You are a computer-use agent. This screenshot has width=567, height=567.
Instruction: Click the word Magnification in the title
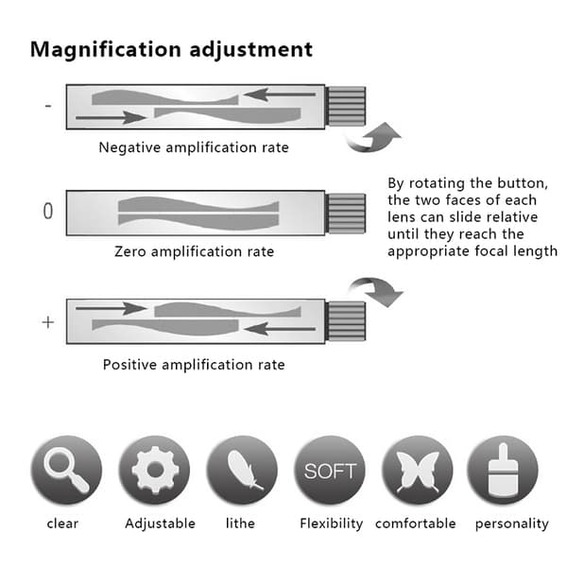click(106, 50)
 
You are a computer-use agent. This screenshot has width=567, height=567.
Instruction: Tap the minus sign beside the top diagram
click(48, 106)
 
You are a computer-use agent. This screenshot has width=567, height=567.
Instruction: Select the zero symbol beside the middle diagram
click(48, 211)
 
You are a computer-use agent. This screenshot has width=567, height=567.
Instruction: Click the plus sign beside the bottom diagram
click(48, 322)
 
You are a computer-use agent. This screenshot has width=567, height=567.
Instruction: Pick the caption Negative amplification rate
click(194, 147)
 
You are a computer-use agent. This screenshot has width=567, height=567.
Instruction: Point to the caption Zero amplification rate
click(194, 251)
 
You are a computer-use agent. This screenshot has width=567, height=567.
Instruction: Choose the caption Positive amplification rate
click(194, 365)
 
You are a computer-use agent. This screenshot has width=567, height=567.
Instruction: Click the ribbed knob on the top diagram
click(345, 106)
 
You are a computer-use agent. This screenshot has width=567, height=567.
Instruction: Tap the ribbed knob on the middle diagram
click(345, 213)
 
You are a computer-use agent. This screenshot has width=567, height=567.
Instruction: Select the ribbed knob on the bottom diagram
click(345, 320)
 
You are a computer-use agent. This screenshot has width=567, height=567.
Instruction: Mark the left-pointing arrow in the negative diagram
click(280, 94)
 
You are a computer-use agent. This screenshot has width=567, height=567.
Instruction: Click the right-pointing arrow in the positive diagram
click(112, 308)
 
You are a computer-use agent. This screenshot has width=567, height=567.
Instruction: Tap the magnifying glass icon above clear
click(66, 470)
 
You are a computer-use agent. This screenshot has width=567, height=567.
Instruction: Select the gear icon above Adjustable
click(155, 470)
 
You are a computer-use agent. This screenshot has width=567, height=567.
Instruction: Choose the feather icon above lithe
click(242, 470)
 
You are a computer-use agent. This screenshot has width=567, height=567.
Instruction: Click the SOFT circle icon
click(330, 470)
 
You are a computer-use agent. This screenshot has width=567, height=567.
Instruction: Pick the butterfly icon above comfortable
click(418, 470)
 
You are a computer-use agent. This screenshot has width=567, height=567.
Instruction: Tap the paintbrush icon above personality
click(503, 470)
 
